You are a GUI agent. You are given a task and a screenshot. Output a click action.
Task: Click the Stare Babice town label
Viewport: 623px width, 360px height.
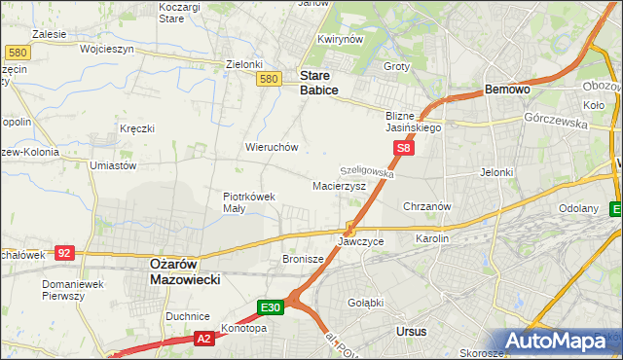pyautogui.click(x=319, y=82)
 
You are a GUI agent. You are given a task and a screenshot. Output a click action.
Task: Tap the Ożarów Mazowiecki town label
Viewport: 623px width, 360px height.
pyautogui.click(x=185, y=270)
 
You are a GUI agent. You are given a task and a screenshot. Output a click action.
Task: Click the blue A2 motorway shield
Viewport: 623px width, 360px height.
pyautogui.click(x=203, y=339)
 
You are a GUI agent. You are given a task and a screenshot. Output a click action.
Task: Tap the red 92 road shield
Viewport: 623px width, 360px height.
pyautogui.click(x=64, y=253)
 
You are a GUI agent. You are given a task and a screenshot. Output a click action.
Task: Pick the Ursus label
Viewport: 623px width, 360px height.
pyautogui.click(x=412, y=331)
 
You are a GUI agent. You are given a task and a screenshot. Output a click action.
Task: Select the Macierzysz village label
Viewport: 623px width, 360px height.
pyautogui.click(x=339, y=185)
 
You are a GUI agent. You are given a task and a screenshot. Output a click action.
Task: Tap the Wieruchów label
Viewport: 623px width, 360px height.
pyautogui.click(x=272, y=147)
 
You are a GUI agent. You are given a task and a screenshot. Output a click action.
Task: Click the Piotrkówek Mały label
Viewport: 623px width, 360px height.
pyautogui.click(x=249, y=201)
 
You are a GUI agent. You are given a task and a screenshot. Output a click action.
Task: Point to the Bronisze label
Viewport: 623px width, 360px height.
pyautogui.click(x=302, y=259)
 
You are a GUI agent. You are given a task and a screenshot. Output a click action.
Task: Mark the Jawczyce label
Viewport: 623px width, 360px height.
pyautogui.click(x=360, y=240)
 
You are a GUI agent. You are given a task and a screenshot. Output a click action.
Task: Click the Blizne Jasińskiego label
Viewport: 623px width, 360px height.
pyautogui.click(x=409, y=121)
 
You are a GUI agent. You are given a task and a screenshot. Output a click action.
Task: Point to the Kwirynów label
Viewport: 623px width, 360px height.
pyautogui.click(x=340, y=39)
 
